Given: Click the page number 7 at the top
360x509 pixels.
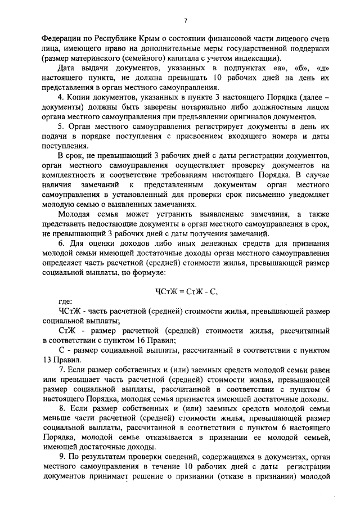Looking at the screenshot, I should pos(185,21).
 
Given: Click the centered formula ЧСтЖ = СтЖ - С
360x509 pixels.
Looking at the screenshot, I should pos(186,291).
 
